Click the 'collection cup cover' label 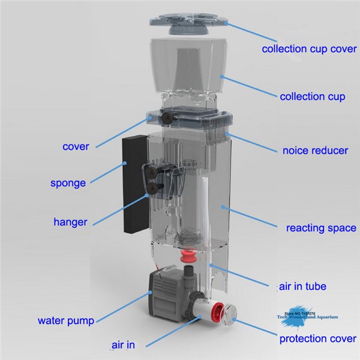pos(308,49)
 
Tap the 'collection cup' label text pos(313,96)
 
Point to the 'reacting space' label pos(321,228)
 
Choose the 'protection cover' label pos(317,339)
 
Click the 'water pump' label pos(66,320)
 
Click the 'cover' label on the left pos(76,146)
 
